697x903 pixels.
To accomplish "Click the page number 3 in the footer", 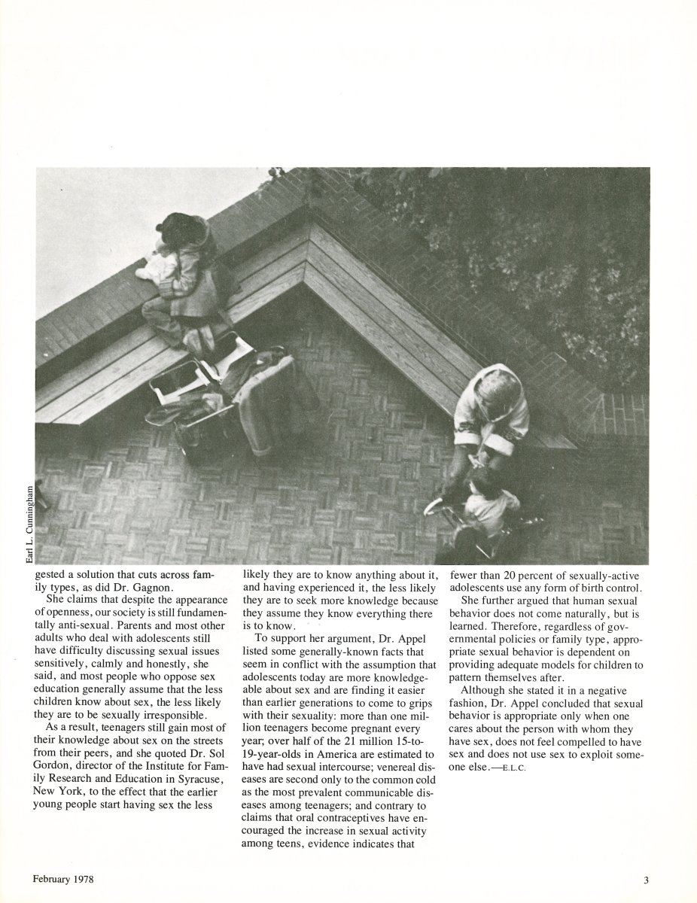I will (x=646, y=878).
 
